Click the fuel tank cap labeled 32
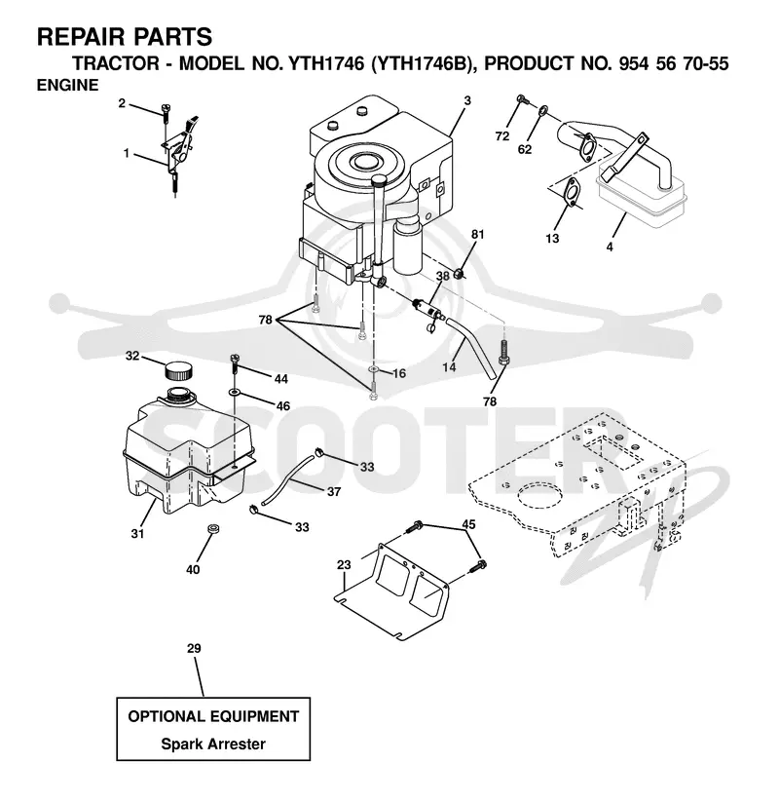[x=178, y=370]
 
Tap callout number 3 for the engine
[x=467, y=100]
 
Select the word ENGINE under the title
[x=67, y=85]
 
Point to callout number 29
[x=194, y=648]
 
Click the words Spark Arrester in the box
[x=213, y=744]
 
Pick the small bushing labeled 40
[x=212, y=528]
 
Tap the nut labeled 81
[x=460, y=274]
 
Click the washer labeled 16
[x=374, y=368]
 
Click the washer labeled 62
[x=543, y=109]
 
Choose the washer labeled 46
[x=235, y=393]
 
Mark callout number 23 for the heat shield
[x=344, y=564]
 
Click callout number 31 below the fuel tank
[x=137, y=533]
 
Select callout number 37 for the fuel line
[x=334, y=491]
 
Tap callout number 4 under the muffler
[x=609, y=247]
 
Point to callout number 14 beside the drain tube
[x=449, y=366]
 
